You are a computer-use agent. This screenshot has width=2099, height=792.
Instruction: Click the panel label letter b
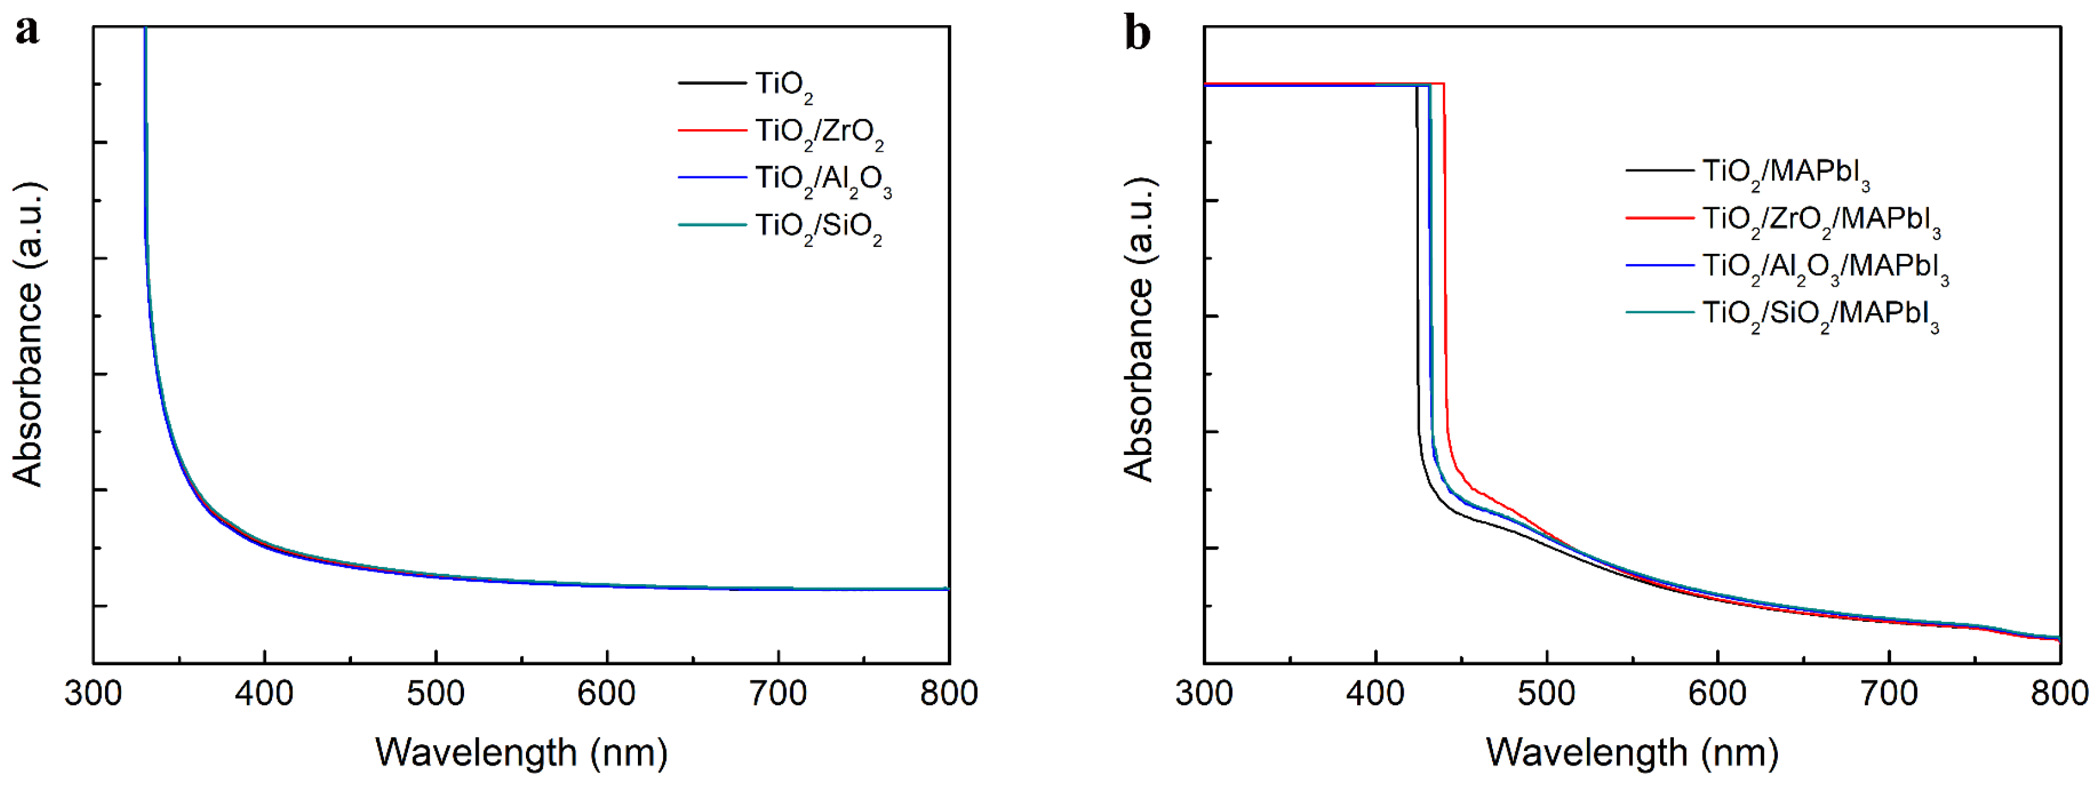coord(1137,34)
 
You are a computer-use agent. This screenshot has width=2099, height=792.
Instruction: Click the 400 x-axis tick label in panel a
coord(264,694)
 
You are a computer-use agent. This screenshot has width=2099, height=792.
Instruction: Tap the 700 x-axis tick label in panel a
coord(778,694)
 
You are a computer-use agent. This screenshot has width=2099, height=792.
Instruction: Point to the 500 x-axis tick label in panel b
coord(1547,694)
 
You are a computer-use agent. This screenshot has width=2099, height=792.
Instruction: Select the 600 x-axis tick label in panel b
coord(1717,694)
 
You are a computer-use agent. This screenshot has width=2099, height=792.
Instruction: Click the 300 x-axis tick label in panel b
coord(1204,694)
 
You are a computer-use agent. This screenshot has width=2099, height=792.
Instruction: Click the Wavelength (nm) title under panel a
coord(521,753)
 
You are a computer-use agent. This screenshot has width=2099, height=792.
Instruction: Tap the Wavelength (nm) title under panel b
coord(1632,753)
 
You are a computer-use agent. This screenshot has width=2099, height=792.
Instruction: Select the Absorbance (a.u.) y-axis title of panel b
coord(1139,330)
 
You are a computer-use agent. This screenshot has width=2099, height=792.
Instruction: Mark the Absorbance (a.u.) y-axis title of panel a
coord(28,334)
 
